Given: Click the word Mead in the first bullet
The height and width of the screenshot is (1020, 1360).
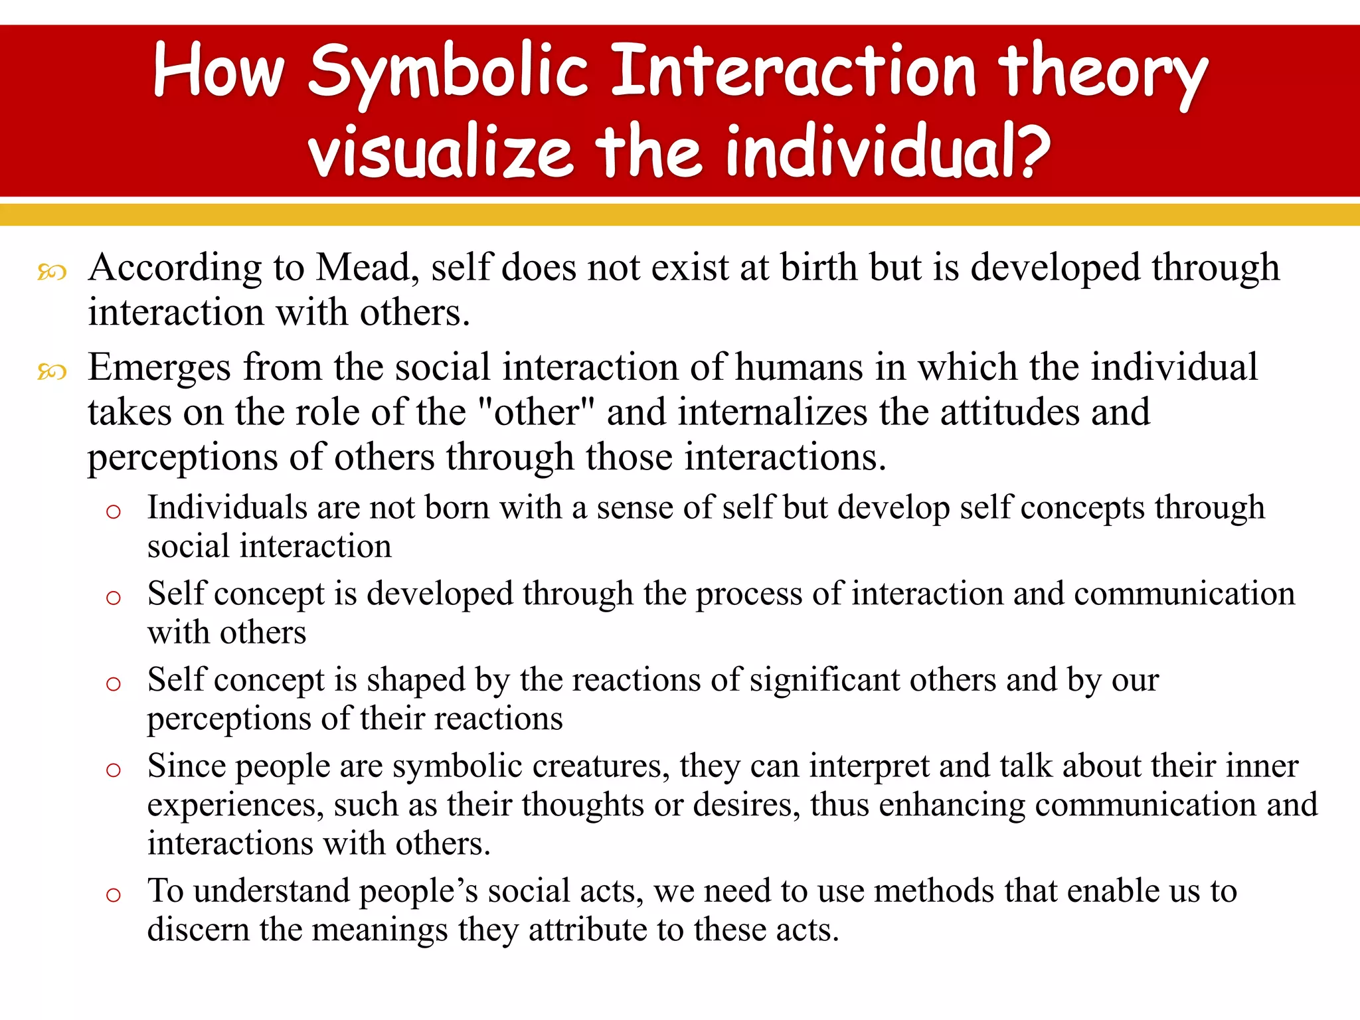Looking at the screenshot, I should click(x=366, y=268).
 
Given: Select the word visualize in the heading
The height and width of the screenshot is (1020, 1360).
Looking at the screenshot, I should click(x=440, y=153).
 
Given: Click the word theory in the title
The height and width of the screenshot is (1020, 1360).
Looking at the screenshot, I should click(x=1102, y=71).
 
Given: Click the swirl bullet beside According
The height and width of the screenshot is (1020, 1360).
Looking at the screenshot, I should click(x=52, y=272).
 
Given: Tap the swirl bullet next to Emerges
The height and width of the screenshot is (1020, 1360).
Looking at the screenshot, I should click(x=52, y=372).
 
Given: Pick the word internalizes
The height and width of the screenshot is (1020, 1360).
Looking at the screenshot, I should click(x=772, y=412).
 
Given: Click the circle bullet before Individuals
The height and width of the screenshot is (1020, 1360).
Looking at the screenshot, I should click(x=114, y=511).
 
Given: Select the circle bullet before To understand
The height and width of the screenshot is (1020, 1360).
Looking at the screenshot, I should click(x=114, y=894).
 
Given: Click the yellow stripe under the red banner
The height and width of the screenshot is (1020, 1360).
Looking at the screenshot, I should click(x=680, y=215).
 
